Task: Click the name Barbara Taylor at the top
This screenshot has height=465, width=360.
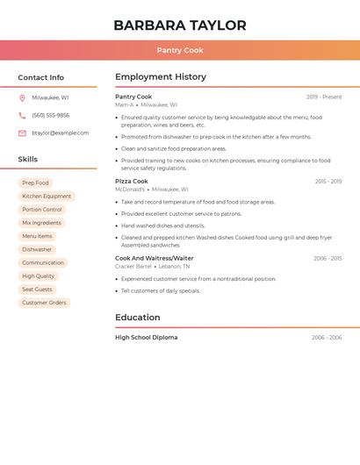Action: point(179,25)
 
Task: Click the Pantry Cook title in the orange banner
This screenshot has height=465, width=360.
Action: point(180,51)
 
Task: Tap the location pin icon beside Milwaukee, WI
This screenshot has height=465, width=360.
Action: point(22,98)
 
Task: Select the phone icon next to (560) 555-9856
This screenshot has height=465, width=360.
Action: point(22,116)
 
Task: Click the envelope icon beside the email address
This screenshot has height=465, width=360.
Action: point(22,133)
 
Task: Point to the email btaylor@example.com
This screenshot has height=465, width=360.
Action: point(60,133)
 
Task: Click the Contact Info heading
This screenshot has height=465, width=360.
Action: point(40,77)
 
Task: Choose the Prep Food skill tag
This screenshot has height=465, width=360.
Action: point(35,183)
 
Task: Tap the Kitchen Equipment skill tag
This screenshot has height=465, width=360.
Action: point(47,197)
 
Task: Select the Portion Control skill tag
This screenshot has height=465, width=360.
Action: point(42,210)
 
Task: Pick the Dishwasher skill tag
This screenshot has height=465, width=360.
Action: point(37,250)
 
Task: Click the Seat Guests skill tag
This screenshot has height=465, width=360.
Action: point(37,290)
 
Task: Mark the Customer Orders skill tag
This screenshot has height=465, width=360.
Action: point(44,303)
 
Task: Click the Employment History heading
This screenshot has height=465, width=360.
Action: point(161,77)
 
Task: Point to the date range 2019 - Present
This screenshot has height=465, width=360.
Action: point(324,97)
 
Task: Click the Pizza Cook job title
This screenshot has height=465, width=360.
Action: point(132,182)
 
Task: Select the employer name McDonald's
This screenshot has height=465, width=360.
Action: point(130,190)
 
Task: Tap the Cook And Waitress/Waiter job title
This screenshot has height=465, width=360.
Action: point(155,259)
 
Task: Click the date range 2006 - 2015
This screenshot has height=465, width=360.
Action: point(328,259)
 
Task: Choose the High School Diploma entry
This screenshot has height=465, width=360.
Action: point(146,338)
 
